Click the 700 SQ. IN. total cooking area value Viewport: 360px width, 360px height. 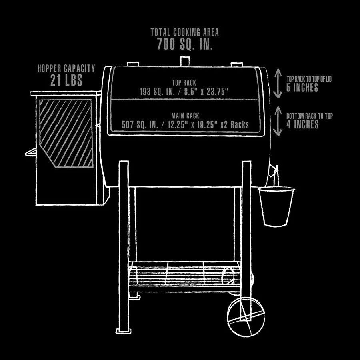pos(184,44)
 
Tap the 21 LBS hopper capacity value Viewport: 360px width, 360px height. pos(66,80)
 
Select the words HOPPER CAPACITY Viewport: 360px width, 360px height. pos(66,68)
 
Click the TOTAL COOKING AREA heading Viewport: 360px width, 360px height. pos(184,32)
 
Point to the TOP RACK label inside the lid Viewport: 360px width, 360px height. pos(184,82)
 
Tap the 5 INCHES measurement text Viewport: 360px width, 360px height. pos(302,87)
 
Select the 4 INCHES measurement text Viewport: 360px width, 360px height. pos(302,124)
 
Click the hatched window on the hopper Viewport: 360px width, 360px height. pos(66,133)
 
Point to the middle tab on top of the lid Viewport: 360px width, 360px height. pos(184,61)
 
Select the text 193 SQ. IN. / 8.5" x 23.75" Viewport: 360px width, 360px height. pos(184,92)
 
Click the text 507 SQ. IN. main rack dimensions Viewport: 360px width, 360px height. pos(185,125)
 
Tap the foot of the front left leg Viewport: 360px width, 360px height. pos(123,330)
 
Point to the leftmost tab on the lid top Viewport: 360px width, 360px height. pos(132,64)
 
